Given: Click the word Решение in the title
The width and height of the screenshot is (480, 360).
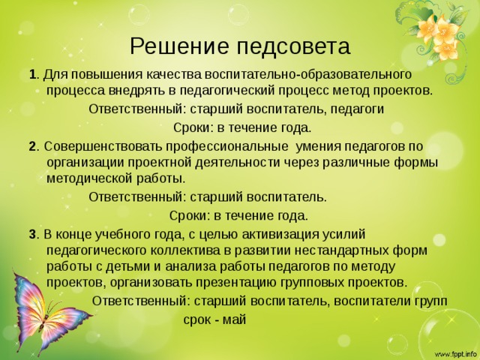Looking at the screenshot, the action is click(179, 46).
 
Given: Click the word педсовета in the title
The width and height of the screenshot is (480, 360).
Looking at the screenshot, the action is click(293, 46).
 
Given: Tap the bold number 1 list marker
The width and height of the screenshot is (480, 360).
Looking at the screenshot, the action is click(32, 75).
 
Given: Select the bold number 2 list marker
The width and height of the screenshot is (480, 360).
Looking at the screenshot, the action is click(32, 147).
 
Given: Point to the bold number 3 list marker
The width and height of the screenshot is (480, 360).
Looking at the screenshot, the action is click(32, 235).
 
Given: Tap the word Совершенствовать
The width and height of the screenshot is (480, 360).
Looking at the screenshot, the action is click(103, 147).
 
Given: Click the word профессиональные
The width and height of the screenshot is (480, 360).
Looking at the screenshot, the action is click(226, 147).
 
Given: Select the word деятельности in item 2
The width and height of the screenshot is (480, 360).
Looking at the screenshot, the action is click(237, 163).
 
